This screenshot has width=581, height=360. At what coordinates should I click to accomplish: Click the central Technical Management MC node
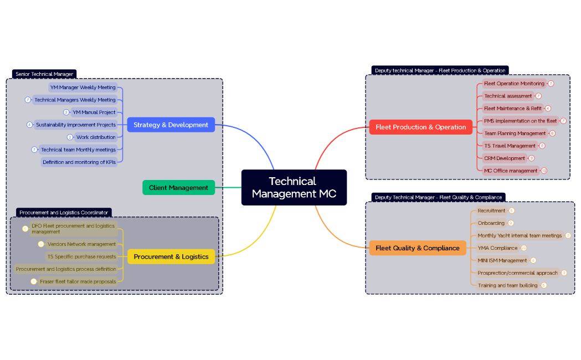(x=294, y=187)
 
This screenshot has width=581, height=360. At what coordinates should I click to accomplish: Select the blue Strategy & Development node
(x=171, y=125)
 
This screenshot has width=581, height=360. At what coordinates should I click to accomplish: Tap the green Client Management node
(x=178, y=188)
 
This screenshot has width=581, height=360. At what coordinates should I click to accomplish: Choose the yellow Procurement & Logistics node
(x=171, y=256)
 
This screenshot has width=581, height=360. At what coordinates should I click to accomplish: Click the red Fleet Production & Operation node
(x=420, y=127)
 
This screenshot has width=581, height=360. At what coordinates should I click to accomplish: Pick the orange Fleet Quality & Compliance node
(x=417, y=248)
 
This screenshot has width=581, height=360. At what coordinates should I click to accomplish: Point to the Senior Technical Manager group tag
(x=44, y=74)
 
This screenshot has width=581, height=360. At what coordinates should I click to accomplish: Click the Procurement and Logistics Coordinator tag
(x=64, y=212)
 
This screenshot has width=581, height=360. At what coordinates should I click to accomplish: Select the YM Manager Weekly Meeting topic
(x=83, y=88)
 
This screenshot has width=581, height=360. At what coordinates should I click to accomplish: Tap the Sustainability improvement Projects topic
(x=76, y=125)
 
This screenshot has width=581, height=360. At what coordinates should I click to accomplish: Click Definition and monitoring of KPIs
(x=79, y=162)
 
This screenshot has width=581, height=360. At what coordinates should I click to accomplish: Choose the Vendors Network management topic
(x=81, y=244)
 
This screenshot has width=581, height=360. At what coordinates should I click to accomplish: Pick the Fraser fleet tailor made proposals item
(x=78, y=281)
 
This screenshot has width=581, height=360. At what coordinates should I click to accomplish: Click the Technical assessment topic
(x=508, y=96)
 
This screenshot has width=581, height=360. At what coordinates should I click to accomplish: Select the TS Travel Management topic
(x=510, y=146)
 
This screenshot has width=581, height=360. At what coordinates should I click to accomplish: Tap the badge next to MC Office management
(x=544, y=171)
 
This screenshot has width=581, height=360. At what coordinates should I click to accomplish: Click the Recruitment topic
(x=491, y=211)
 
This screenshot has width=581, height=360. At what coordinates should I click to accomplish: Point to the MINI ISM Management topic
(x=502, y=260)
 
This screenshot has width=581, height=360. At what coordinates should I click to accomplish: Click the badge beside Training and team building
(x=544, y=285)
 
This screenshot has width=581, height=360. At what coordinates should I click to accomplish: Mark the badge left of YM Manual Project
(x=66, y=112)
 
